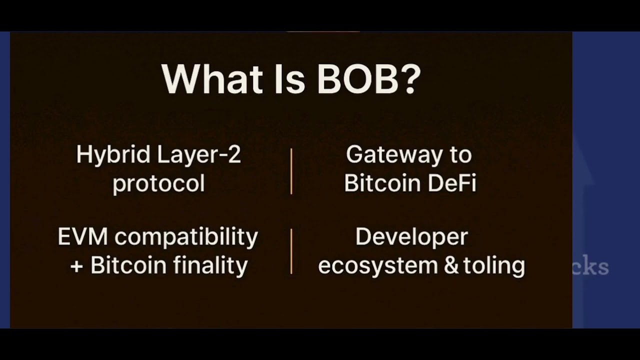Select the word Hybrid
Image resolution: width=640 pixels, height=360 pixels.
point(113,155)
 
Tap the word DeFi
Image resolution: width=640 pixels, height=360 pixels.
point(452,183)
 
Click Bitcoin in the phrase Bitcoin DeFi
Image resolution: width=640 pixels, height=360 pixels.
point(382,183)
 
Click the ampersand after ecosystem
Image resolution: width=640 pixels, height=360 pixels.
point(451,265)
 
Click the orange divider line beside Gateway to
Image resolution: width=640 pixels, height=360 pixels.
point(291,171)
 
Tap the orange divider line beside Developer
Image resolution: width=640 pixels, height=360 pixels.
point(291,251)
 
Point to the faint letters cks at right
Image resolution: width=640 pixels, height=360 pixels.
point(592,267)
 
